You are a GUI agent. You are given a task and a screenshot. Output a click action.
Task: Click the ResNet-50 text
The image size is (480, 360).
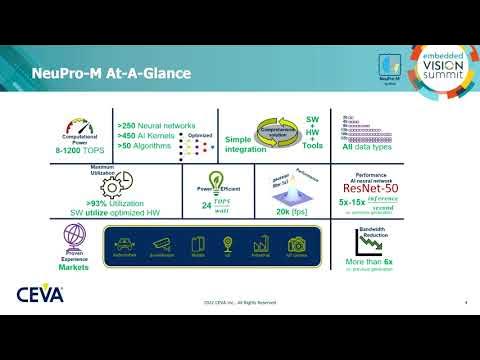click(x=373, y=188)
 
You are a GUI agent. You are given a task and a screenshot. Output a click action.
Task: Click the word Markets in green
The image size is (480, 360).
click(x=73, y=267)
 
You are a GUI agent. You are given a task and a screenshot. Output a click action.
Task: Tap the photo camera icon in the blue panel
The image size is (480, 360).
click(x=297, y=244)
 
